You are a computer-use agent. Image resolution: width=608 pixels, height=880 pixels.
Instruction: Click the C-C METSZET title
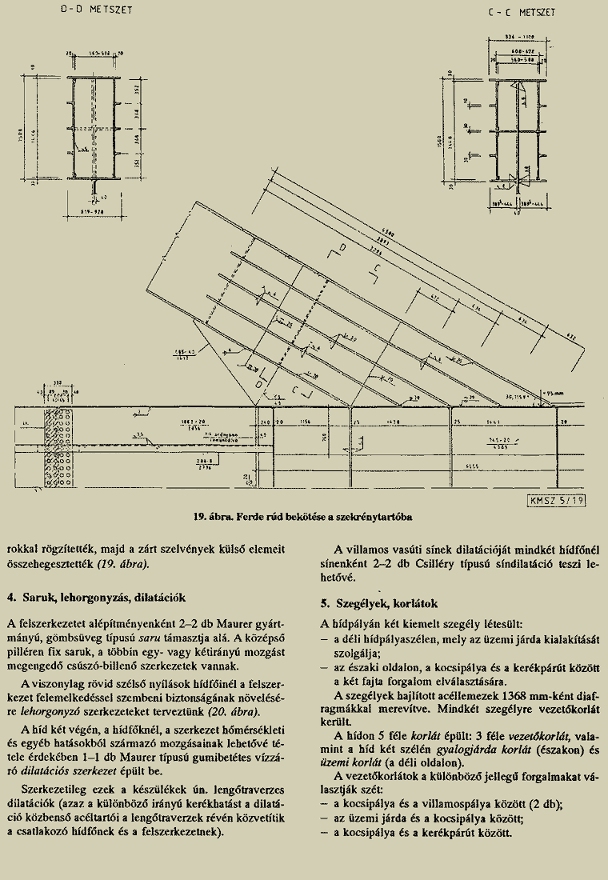pyautogui.click(x=521, y=13)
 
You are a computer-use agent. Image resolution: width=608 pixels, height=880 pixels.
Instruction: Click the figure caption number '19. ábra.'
pyautogui.click(x=210, y=518)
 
